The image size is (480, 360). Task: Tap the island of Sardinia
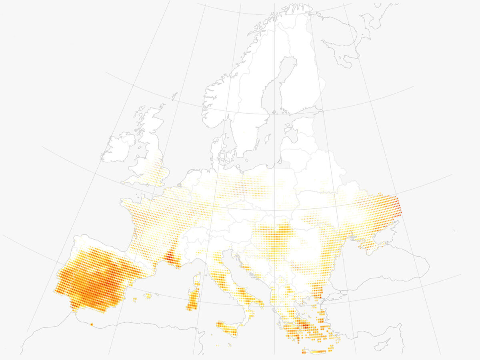tap(193, 298)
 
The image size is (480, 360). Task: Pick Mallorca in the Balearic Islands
tap(148, 296)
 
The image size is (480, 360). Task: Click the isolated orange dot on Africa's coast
tap(92, 324)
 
